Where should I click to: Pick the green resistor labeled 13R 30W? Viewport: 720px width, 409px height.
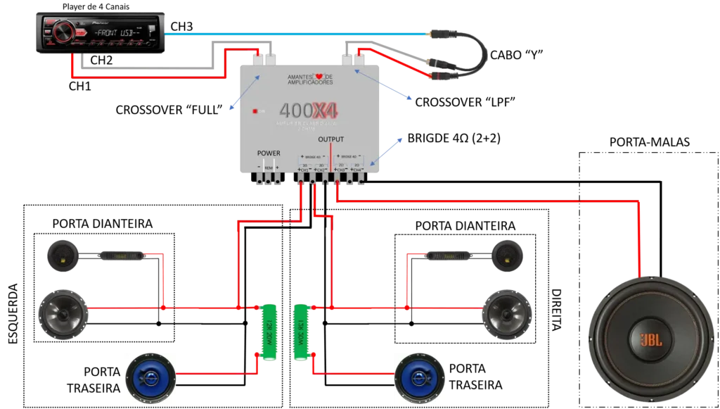tap(302, 331)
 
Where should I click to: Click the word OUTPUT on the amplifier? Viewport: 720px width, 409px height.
tap(330, 139)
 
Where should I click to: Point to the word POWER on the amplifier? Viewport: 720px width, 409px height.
tap(269, 153)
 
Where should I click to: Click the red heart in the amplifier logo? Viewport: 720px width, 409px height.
tap(319, 76)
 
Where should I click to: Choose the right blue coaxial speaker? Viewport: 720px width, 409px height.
tap(420, 375)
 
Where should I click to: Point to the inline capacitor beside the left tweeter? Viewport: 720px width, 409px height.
tap(122, 256)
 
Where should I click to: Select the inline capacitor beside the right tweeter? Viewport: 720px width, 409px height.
tap(448, 256)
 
